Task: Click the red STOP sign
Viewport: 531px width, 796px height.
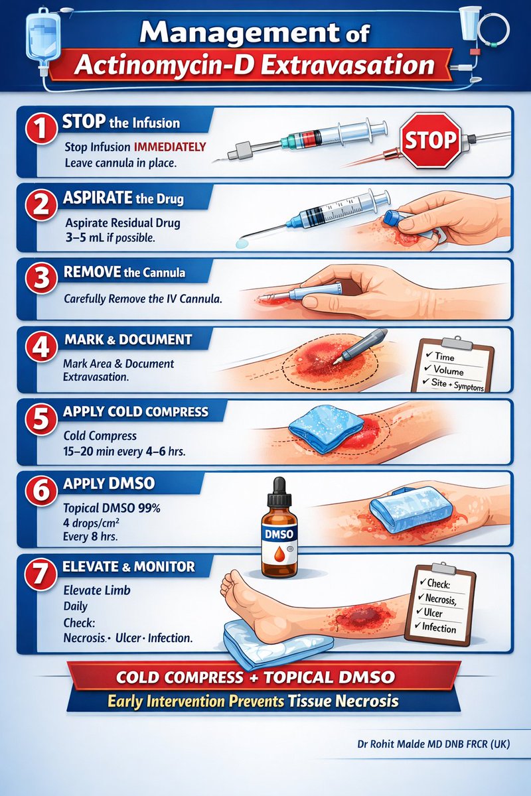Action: point(430,141)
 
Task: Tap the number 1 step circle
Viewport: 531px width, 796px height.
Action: point(41,129)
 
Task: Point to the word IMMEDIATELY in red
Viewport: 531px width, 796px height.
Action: point(170,147)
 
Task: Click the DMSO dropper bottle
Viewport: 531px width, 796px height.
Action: point(279,528)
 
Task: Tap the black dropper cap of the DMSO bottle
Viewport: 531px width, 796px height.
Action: point(279,492)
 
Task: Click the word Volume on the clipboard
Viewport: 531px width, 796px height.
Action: point(448,371)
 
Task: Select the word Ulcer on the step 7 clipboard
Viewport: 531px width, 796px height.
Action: point(433,613)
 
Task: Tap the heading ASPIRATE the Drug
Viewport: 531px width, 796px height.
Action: point(123,198)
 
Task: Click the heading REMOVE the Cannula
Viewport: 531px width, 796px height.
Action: point(124,272)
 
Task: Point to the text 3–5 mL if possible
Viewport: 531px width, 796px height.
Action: point(110,237)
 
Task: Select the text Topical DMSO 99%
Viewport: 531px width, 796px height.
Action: point(112,508)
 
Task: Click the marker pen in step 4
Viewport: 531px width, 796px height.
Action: point(360,346)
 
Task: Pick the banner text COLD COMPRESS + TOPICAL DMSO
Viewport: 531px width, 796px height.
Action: point(256,677)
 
